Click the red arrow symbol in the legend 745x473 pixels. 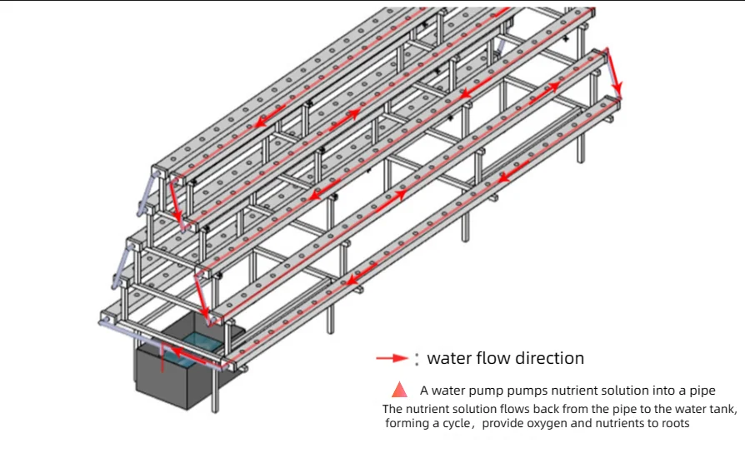click(x=392, y=359)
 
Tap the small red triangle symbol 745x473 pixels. click(x=400, y=389)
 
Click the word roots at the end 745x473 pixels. click(x=674, y=424)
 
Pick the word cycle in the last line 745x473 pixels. click(x=460, y=424)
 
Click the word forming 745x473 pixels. click(x=408, y=424)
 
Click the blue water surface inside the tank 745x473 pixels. click(x=197, y=343)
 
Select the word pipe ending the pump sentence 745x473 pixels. click(x=702, y=391)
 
